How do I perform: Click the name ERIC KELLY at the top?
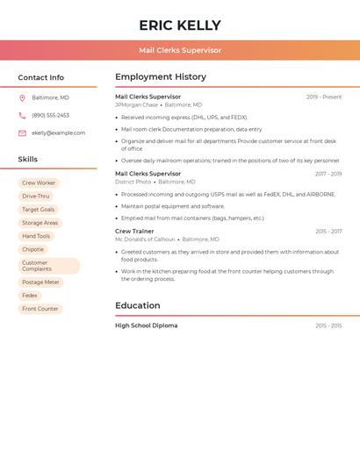coord(180,25)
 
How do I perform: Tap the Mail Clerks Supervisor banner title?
coord(180,50)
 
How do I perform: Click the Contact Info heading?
coord(41,77)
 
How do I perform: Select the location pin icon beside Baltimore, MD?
coord(22,97)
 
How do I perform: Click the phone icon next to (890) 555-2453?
coord(22,115)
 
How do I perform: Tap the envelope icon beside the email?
coord(22,133)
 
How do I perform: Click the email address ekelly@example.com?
coord(59,133)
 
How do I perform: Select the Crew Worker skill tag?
coord(39,182)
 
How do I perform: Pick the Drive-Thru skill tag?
coord(36,197)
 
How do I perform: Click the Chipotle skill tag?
coord(33,249)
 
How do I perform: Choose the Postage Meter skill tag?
coord(41,283)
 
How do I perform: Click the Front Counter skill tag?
coord(40,309)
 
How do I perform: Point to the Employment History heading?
coord(161,77)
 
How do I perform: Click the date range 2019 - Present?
coord(324,97)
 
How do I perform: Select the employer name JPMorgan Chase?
coord(136,104)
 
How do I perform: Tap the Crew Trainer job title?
coord(134,232)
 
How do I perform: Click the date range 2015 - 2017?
coord(328,232)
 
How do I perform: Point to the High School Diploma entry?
coord(146,325)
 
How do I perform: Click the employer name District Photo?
coord(133,182)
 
